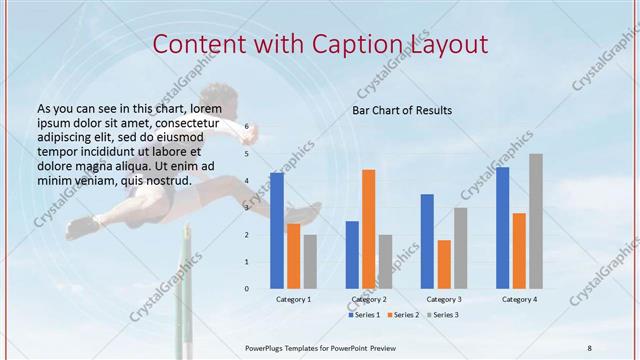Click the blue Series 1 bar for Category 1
point(277,231)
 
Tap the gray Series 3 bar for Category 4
point(536,221)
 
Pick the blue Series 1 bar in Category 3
point(427,241)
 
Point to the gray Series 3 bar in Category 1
point(310,262)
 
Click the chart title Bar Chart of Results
point(402,110)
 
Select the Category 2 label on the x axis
point(369,299)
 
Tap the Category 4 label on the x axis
point(519,299)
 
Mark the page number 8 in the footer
point(589,346)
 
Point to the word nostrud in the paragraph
point(167,180)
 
